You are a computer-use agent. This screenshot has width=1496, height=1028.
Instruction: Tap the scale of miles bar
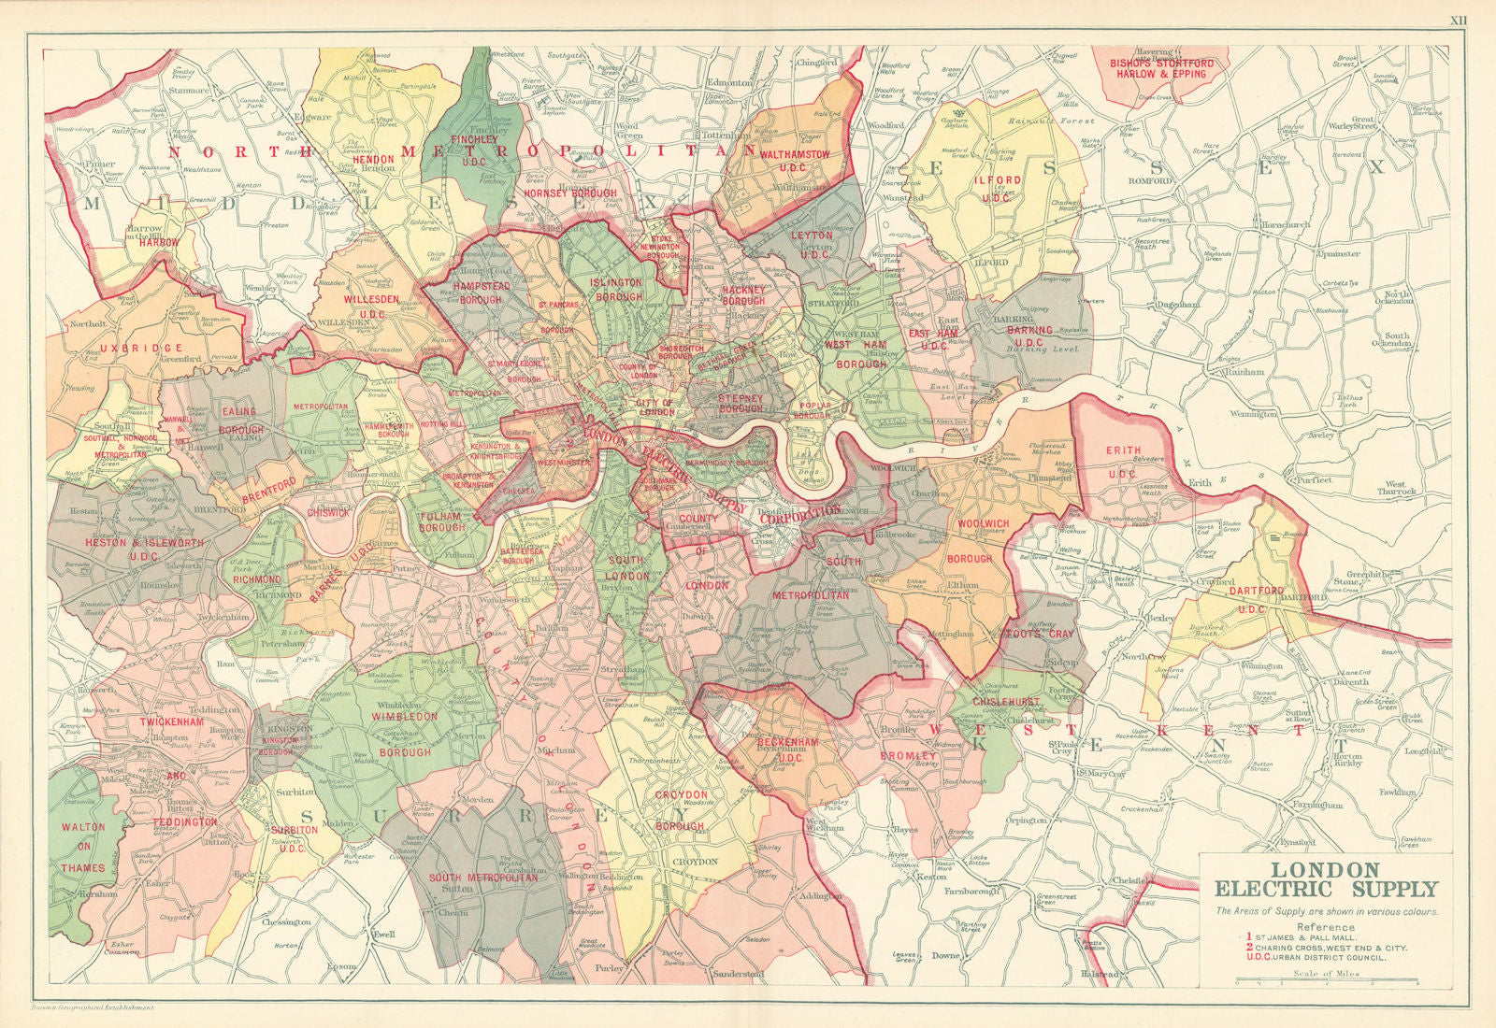pos(1327,982)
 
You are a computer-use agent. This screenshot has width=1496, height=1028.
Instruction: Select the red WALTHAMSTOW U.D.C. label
pos(795,159)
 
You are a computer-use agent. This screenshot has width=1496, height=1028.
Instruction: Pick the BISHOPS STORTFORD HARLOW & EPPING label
pos(1161,68)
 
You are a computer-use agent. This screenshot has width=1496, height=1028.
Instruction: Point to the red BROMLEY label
pos(908,755)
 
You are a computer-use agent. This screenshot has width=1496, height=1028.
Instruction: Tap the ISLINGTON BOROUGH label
pos(616,289)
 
